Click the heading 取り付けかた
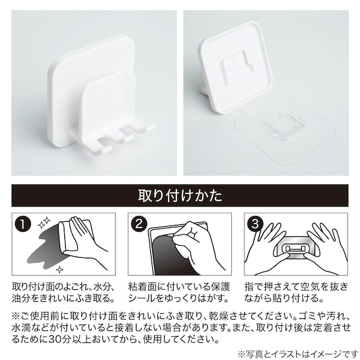point(180,196)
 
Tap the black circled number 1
point(23,224)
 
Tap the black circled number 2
point(139,224)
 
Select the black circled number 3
point(255,224)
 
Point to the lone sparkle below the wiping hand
point(60,269)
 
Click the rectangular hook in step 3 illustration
point(295,248)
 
